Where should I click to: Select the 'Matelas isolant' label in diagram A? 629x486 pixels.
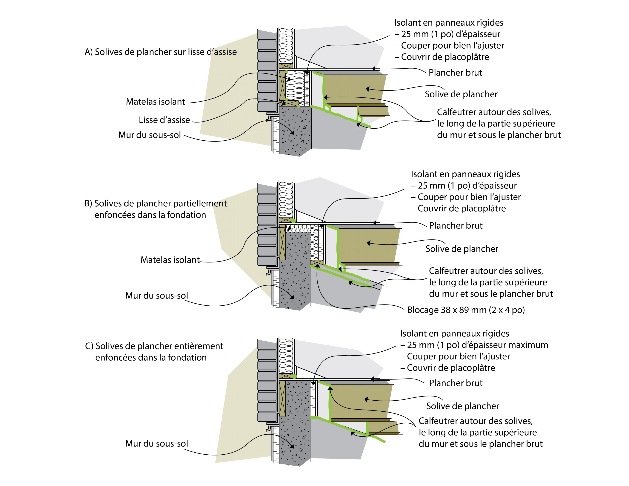[x=156, y=102]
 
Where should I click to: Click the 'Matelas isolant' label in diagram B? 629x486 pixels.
[x=170, y=260]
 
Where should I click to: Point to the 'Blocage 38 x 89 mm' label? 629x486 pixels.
[x=466, y=310]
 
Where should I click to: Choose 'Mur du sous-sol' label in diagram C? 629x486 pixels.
[x=156, y=443]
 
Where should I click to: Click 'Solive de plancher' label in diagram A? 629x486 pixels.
[x=461, y=94]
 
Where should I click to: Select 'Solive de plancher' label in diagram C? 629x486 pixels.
[x=462, y=406]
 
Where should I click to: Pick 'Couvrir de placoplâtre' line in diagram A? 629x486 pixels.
[x=445, y=57]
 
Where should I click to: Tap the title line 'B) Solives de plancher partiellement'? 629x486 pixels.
[x=156, y=203]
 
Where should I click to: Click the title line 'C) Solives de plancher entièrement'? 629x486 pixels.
[x=154, y=346]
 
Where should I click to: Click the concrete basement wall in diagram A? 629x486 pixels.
[x=295, y=130]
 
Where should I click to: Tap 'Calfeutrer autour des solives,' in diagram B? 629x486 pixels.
[x=486, y=271]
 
